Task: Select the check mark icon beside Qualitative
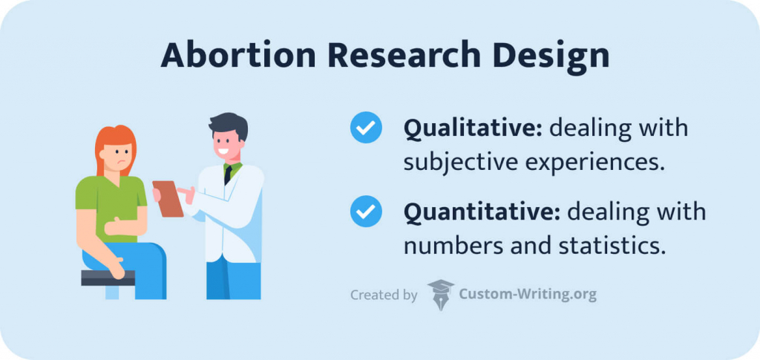pyautogui.click(x=366, y=128)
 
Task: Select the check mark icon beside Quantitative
pyautogui.click(x=366, y=212)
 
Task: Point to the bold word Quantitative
pyautogui.click(x=482, y=212)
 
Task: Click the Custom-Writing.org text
pyautogui.click(x=527, y=295)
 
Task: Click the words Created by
pyautogui.click(x=383, y=295)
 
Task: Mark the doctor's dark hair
pyautogui.click(x=226, y=125)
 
